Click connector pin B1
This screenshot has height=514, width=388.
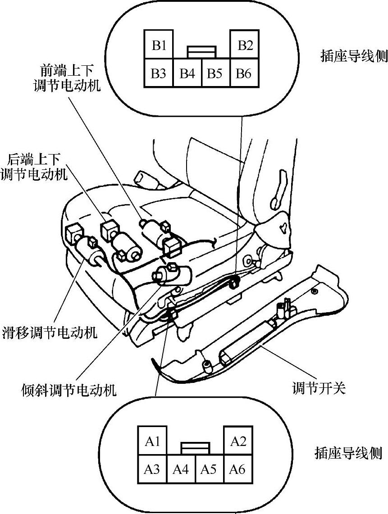(159, 45)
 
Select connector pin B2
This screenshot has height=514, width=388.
(245, 45)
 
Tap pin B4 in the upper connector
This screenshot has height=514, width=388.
(187, 73)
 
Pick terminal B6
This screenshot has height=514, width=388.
(244, 73)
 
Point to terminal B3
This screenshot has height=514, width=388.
(158, 73)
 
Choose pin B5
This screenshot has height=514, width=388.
(215, 73)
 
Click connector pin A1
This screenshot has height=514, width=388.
(153, 441)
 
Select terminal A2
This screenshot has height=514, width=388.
(238, 441)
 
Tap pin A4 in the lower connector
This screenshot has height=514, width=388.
(181, 469)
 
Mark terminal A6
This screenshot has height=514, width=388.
(237, 469)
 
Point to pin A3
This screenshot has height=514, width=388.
(152, 469)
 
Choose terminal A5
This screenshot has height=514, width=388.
(209, 469)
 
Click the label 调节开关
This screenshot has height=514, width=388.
(319, 388)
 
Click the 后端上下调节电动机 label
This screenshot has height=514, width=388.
(37, 166)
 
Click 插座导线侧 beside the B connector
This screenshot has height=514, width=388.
(354, 56)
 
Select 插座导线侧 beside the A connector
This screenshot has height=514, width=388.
(348, 453)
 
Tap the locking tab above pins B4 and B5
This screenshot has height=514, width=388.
(201, 52)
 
